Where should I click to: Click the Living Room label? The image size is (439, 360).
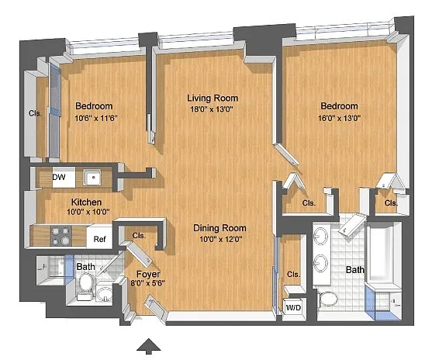click(x=213, y=98)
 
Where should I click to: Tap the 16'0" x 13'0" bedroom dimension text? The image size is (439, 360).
click(x=339, y=118)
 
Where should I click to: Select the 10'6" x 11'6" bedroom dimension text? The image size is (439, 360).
click(x=95, y=118)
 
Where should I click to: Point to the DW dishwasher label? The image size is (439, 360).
click(x=59, y=177)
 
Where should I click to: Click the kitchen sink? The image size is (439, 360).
click(x=92, y=178)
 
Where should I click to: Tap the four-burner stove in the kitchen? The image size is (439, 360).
click(x=61, y=236)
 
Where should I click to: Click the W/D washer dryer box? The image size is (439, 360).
click(x=293, y=307)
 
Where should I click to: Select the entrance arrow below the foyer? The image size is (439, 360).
click(x=149, y=345)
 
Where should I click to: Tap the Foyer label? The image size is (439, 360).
click(x=148, y=274)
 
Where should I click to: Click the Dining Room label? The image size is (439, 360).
click(x=219, y=228)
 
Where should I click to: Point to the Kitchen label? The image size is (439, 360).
click(x=86, y=202)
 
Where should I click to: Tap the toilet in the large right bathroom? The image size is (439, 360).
click(x=328, y=299)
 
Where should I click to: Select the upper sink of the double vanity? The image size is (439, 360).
click(x=321, y=235)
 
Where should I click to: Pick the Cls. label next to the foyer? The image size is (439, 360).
click(x=139, y=236)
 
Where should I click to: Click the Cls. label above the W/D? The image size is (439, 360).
click(x=293, y=275)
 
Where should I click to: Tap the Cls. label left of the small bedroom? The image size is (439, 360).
click(x=35, y=113)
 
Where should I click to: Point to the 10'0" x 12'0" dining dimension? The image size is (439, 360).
click(x=220, y=240)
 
